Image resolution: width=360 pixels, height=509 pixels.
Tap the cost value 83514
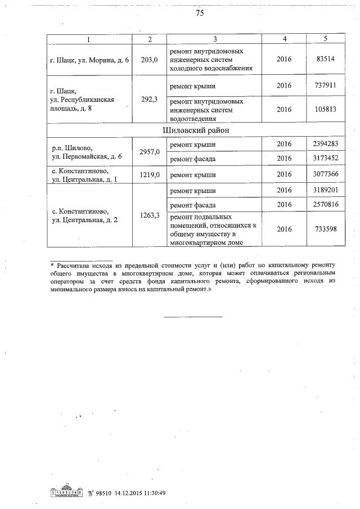click(326, 59)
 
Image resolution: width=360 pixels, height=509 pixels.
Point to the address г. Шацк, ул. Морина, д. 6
click(90, 59)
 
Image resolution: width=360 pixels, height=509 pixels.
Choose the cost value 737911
click(326, 85)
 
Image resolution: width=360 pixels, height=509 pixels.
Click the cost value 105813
click(326, 109)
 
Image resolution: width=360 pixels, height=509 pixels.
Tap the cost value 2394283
click(326, 144)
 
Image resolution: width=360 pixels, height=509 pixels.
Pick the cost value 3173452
click(326, 159)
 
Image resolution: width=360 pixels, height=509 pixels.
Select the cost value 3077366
click(326, 175)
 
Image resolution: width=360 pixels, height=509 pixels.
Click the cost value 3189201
click(326, 191)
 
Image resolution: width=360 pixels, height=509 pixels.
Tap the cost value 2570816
click(326, 205)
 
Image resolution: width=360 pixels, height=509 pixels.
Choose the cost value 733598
click(326, 229)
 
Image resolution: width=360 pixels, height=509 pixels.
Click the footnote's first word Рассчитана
click(74, 265)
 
